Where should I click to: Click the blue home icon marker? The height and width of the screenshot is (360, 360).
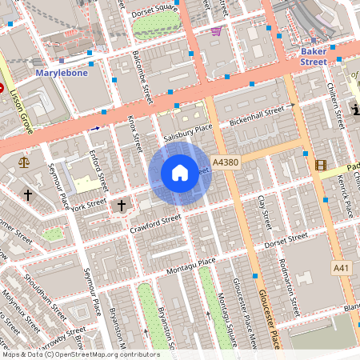pos(180,173)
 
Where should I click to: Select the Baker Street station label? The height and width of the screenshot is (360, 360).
pos(313,56)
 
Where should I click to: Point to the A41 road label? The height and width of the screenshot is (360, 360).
pos(342,267)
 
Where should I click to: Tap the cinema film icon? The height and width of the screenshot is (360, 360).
pos(321,166)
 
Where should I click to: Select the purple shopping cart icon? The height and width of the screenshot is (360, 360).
pos(216,30)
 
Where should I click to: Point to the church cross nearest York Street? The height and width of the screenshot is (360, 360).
pos(122,206)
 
